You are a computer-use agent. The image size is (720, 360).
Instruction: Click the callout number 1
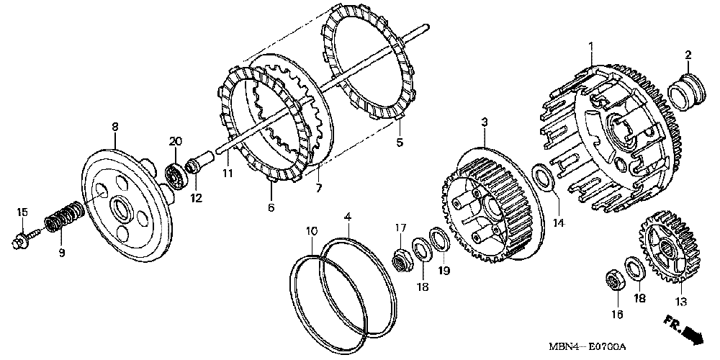pyautogui.click(x=591, y=47)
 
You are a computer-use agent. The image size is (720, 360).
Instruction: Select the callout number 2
pyautogui.click(x=688, y=55)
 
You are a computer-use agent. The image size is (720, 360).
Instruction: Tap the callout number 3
pyautogui.click(x=485, y=123)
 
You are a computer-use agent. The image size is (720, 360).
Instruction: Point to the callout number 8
pyautogui.click(x=114, y=127)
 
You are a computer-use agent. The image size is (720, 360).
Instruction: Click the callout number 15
pyautogui.click(x=22, y=212)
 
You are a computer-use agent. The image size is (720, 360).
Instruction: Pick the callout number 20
pyautogui.click(x=174, y=140)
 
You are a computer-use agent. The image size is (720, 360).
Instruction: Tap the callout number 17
pyautogui.click(x=401, y=228)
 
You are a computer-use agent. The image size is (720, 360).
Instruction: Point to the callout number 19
pyautogui.click(x=444, y=271)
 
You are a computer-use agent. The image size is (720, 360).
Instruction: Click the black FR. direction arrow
pyautogui.click(x=692, y=333)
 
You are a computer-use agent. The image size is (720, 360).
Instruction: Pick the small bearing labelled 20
pyautogui.click(x=174, y=175)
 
